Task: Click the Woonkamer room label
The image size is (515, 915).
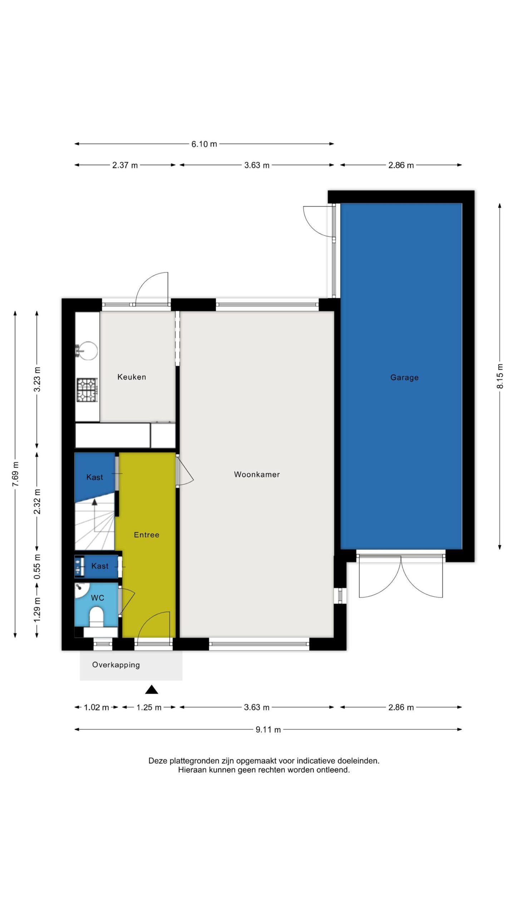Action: click(x=257, y=474)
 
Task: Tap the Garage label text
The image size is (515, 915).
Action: click(x=404, y=377)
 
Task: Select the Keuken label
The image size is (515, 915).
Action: click(x=132, y=377)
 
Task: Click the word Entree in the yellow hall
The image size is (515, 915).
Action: click(x=146, y=535)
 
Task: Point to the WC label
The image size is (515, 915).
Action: click(x=97, y=598)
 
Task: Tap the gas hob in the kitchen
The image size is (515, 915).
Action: click(x=87, y=390)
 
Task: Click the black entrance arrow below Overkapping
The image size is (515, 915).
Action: click(x=152, y=689)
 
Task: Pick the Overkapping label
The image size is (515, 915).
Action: click(x=116, y=665)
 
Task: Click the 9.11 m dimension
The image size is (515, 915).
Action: click(x=268, y=729)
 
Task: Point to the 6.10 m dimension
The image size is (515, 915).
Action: click(x=204, y=144)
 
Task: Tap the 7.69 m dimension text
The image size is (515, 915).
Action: click(x=15, y=474)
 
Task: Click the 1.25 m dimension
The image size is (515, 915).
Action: click(x=149, y=707)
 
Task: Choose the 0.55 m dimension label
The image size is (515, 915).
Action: click(x=37, y=567)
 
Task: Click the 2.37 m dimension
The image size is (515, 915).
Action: click(x=125, y=165)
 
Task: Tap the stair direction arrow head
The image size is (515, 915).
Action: click(x=94, y=502)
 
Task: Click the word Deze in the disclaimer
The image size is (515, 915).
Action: click(x=158, y=761)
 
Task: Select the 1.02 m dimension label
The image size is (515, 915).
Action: click(x=96, y=707)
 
